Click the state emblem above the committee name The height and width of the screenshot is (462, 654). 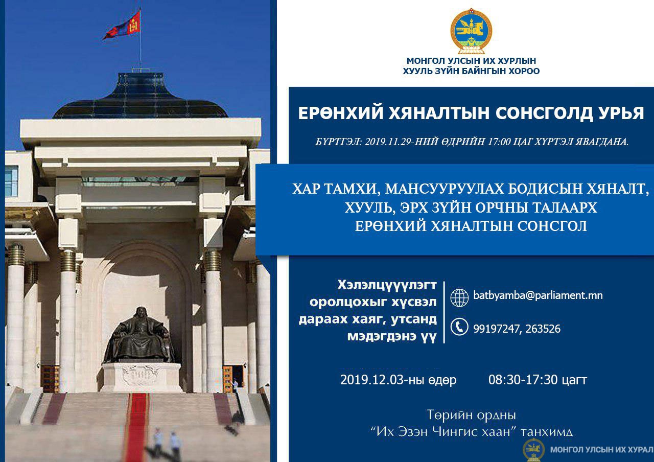pos(471,31)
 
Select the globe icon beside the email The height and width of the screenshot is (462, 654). pos(459,298)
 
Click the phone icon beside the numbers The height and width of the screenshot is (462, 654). pos(459,327)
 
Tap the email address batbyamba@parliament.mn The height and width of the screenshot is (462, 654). pos(538,295)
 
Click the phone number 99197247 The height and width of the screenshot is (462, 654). pos(497,329)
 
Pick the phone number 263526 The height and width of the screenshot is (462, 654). pos(543,329)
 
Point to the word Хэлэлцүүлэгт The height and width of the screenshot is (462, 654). pos(387,285)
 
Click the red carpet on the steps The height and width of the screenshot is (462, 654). pos(136,427)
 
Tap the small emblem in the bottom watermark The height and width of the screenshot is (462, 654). pos(533,450)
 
